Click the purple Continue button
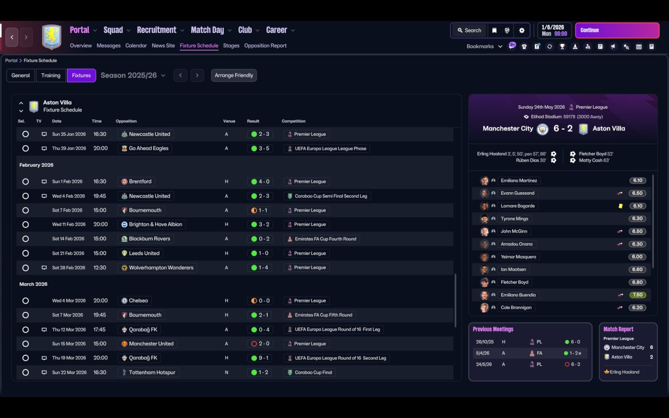617,30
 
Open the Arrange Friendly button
234,75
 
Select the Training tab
51,75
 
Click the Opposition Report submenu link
265,45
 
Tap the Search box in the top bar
469,30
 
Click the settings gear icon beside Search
522,30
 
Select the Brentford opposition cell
136,181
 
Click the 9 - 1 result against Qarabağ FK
260,358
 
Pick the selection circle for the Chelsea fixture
26,300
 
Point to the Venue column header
229,121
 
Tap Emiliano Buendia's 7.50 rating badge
637,295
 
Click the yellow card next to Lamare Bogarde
620,206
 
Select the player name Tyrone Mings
514,218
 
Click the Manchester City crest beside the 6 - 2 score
543,129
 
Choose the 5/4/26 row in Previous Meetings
530,353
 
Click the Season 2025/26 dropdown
133,75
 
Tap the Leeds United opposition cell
141,253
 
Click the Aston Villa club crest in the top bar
51,37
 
